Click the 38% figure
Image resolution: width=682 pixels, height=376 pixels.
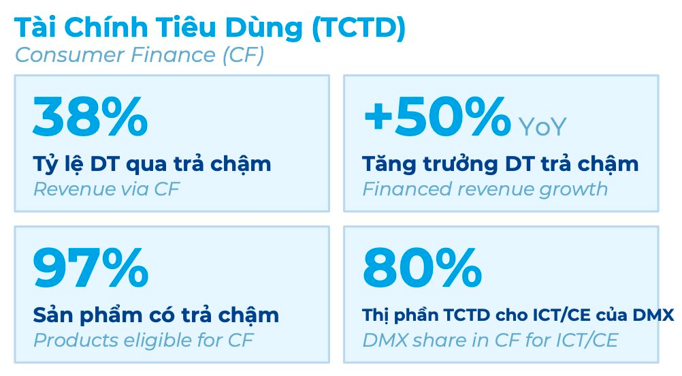(90, 117)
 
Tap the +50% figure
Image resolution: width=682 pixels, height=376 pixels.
(436, 117)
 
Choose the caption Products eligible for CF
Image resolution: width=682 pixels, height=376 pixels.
(143, 340)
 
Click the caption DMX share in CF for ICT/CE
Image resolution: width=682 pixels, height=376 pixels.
(490, 340)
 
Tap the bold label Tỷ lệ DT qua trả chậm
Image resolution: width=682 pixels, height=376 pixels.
(152, 164)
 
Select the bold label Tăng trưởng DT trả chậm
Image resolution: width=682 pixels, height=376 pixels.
(500, 164)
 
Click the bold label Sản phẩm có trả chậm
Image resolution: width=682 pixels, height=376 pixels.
(156, 315)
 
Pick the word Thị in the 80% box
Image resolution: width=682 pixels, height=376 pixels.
(375, 315)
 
